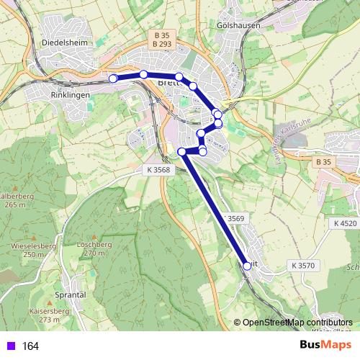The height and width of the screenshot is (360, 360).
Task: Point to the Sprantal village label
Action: point(70,294)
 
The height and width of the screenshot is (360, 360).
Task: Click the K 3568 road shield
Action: point(156,169)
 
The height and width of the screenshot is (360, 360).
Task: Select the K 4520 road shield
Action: point(345,224)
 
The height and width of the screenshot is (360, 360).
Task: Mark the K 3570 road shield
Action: point(303,266)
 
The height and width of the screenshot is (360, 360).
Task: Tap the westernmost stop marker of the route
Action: point(112,78)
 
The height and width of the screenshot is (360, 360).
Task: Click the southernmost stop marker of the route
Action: point(247,266)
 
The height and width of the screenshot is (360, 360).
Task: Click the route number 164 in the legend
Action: point(30,346)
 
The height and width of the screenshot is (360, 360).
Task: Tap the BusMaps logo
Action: point(325,346)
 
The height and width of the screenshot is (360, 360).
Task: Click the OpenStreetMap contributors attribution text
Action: point(297,323)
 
